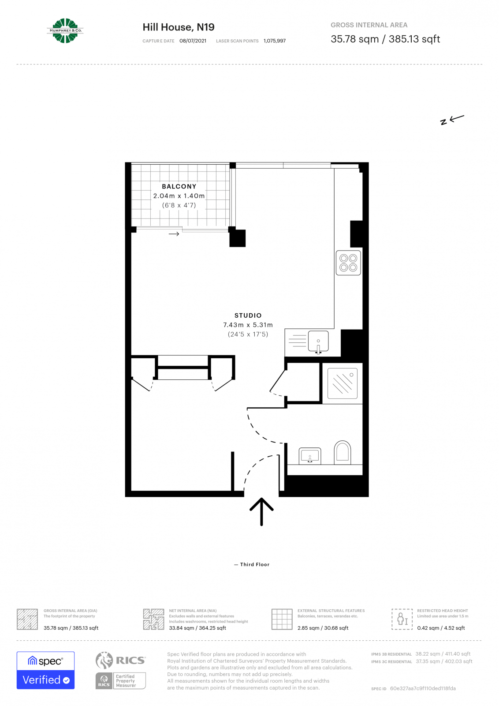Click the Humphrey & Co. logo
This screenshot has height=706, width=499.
[65, 31]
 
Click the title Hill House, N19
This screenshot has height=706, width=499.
[179, 27]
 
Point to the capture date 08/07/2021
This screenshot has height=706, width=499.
[193, 41]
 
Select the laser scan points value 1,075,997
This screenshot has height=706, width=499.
[275, 41]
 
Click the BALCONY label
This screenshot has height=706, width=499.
[179, 187]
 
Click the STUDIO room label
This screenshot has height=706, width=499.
[248, 315]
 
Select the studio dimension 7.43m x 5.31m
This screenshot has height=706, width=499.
[248, 325]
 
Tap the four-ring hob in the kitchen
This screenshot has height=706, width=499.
[348, 263]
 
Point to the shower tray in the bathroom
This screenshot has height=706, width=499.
[343, 383]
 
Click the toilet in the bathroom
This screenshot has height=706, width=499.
[342, 452]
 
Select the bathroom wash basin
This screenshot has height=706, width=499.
[310, 455]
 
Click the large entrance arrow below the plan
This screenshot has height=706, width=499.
[261, 512]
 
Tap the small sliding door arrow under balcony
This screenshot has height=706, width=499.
[174, 234]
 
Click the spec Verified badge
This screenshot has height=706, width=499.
[46, 670]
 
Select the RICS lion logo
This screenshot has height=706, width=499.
[104, 661]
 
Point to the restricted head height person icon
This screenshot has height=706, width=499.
[402, 619]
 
